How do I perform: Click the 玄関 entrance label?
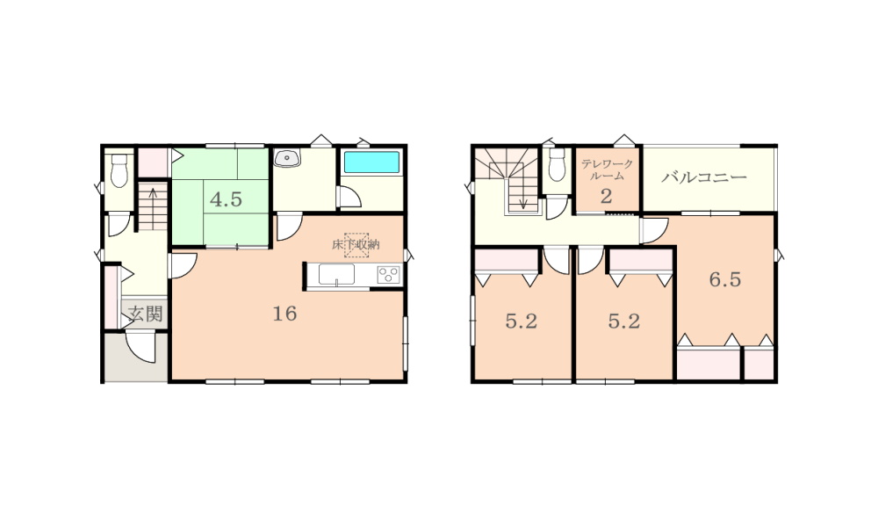(146, 314)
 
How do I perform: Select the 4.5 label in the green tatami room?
(227, 199)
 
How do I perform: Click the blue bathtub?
(371, 162)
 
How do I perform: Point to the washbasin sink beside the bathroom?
(287, 158)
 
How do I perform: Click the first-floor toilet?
(119, 170)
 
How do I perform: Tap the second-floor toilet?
(558, 164)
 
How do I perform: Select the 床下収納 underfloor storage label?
(356, 245)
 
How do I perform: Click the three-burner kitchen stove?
(389, 275)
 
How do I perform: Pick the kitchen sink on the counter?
(336, 275)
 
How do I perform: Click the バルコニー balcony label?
(704, 177)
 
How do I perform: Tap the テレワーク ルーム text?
(607, 170)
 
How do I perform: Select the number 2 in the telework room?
(607, 197)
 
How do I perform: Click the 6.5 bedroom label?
(725, 279)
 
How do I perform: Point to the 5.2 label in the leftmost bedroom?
(522, 321)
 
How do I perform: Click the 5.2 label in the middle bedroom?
(623, 321)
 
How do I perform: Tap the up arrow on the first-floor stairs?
(153, 206)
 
